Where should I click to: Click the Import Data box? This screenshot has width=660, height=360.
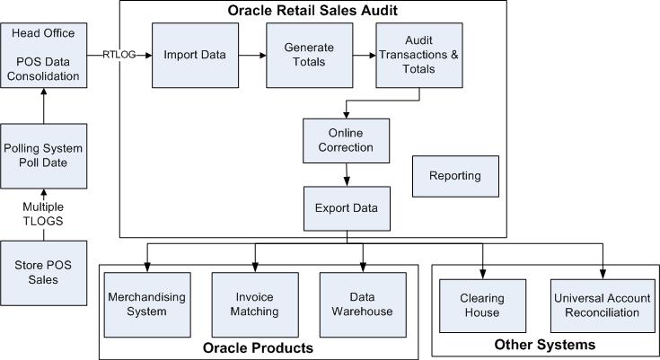[x=194, y=56]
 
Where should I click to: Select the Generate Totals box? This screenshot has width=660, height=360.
[x=303, y=56]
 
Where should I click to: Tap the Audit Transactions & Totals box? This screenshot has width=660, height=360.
[x=412, y=56]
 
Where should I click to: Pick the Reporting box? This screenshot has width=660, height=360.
[x=455, y=176]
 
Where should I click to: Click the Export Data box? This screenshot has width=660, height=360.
[x=346, y=209]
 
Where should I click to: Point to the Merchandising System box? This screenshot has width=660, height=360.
[x=137, y=304]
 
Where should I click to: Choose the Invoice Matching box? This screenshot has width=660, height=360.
[x=254, y=304]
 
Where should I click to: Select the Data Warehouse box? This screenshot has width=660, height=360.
[x=364, y=304]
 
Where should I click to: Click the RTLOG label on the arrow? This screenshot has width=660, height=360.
[x=119, y=54]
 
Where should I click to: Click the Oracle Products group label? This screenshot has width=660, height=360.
[x=258, y=347]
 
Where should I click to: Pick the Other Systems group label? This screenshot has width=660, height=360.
[x=544, y=345]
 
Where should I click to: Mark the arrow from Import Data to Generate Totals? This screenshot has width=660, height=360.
[x=251, y=56]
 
